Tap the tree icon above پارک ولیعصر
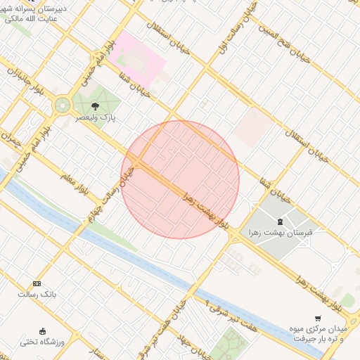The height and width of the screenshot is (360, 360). pyautogui.click(x=95, y=106)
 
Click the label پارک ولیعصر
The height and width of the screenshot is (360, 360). pyautogui.click(x=96, y=118)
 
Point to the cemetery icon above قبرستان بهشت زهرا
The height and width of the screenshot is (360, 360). pyautogui.click(x=280, y=221)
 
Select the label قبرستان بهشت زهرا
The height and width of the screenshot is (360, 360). pyautogui.click(x=280, y=232)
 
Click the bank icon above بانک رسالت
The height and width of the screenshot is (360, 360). pyautogui.click(x=37, y=283)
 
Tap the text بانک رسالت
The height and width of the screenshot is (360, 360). pyautogui.click(x=37, y=294)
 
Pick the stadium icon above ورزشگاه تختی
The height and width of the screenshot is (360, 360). pyautogui.click(x=42, y=331)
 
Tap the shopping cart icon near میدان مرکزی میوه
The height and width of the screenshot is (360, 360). pyautogui.click(x=318, y=319)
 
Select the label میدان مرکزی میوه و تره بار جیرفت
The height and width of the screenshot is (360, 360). pyautogui.click(x=320, y=333)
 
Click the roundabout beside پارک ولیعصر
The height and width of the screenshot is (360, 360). pyautogui.click(x=62, y=105)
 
